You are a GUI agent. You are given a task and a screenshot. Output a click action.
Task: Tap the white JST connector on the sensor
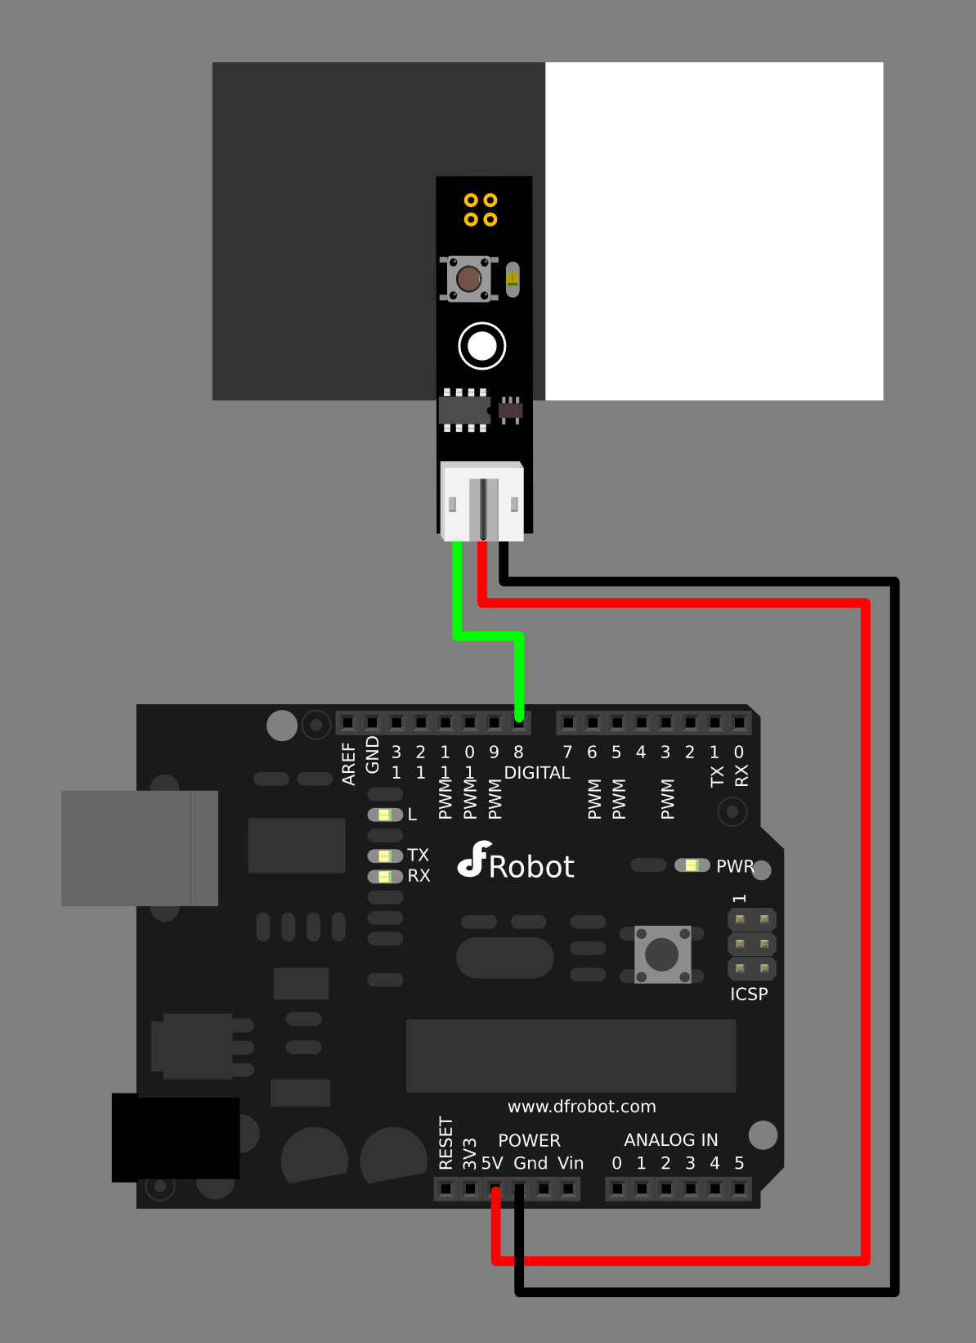click(x=482, y=501)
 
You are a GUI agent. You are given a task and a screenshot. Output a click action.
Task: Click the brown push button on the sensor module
click(x=468, y=279)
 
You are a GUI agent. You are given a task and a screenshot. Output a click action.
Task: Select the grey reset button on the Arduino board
click(x=662, y=954)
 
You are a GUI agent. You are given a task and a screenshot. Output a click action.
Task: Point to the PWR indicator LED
click(x=692, y=865)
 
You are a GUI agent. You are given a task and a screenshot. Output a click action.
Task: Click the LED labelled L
click(x=385, y=815)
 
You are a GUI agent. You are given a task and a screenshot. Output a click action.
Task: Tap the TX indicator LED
click(x=385, y=856)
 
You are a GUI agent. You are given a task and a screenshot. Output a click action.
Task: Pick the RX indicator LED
click(x=385, y=876)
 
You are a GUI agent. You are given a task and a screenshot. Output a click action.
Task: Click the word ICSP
click(x=749, y=994)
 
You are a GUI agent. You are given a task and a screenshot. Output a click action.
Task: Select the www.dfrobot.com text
click(x=581, y=1107)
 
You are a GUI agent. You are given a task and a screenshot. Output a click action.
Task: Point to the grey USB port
click(x=139, y=848)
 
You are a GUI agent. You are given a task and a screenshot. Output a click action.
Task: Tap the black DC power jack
click(x=176, y=1139)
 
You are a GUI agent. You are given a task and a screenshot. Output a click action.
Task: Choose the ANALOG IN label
click(x=670, y=1139)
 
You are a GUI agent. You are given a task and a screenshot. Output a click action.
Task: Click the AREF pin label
click(x=349, y=764)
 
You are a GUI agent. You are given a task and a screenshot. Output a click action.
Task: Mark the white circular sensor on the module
click(x=482, y=346)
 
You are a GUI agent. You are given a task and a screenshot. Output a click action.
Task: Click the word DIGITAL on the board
click(x=537, y=773)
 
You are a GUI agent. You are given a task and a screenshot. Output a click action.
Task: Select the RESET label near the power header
click(x=445, y=1143)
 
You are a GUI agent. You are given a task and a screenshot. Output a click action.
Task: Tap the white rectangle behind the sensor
click(x=714, y=231)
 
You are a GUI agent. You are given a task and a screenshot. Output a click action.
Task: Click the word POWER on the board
click(x=529, y=1140)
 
